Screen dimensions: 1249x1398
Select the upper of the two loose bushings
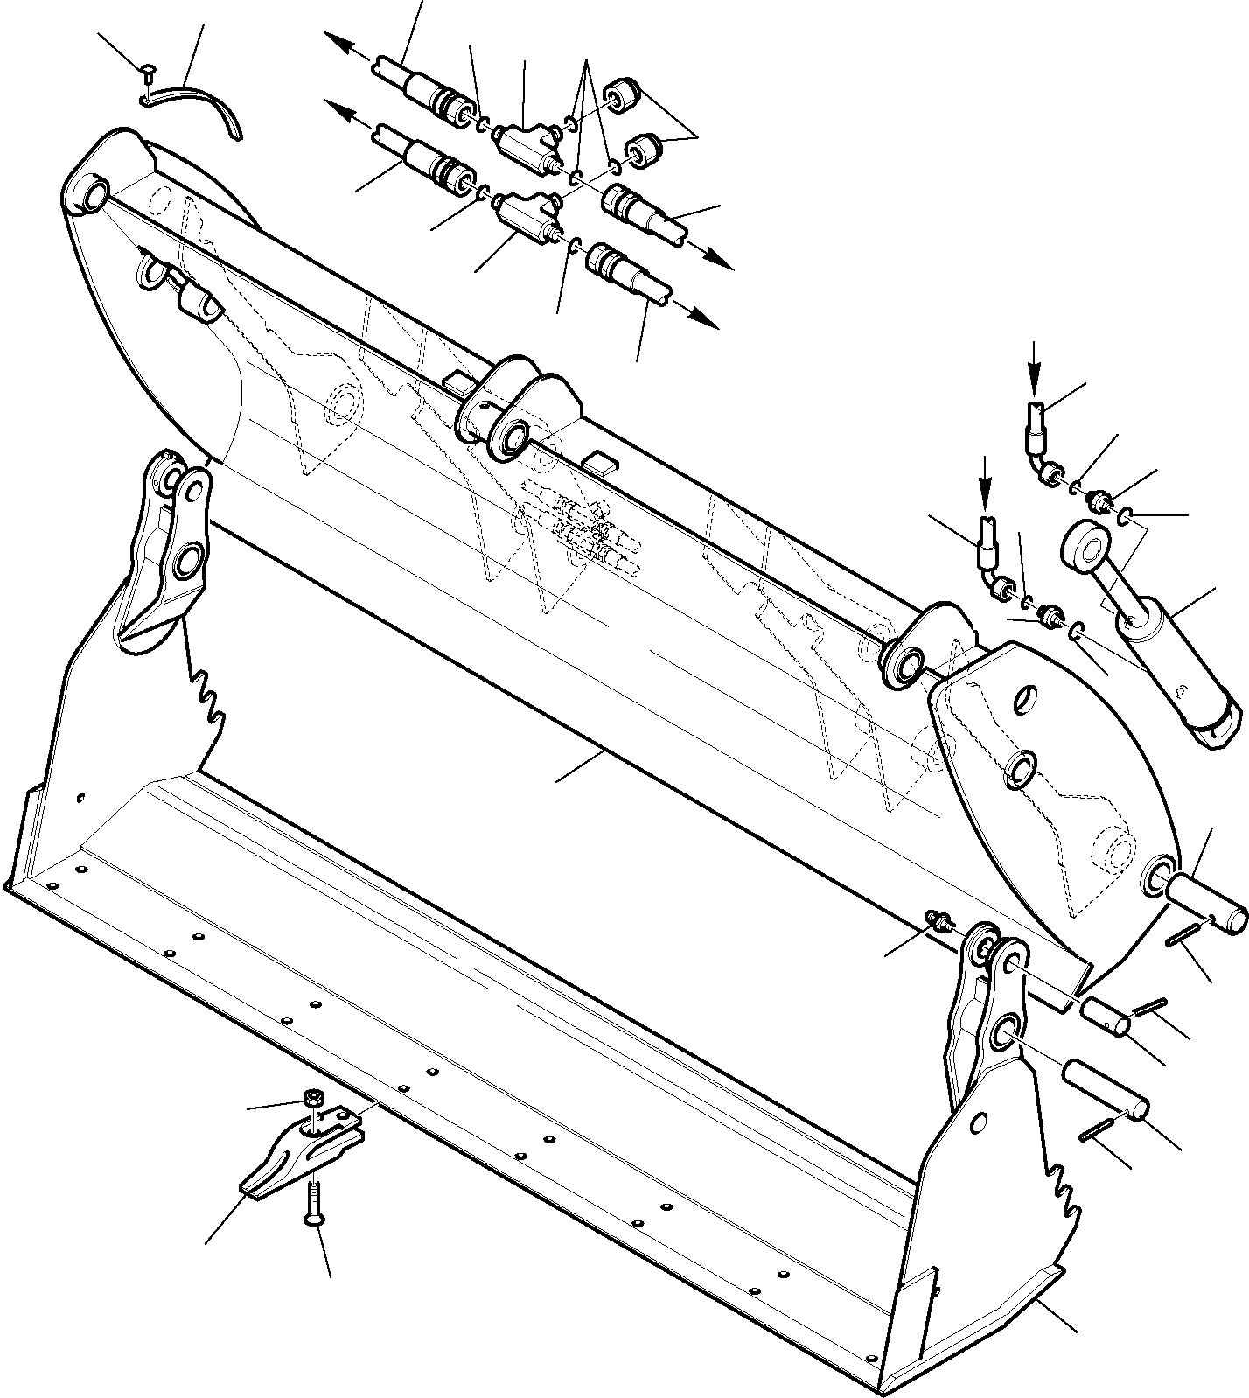pyautogui.click(x=624, y=94)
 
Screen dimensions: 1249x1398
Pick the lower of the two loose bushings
pyautogui.click(x=644, y=151)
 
